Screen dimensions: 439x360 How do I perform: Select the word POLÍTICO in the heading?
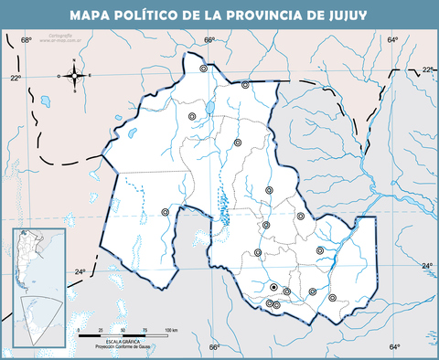click(160, 16)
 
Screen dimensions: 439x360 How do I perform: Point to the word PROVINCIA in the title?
click(273, 16)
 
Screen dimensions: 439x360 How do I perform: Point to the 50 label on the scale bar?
click(123, 328)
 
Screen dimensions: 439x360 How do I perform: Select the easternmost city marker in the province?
click(332, 297)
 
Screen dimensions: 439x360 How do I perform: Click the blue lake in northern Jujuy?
click(209, 108)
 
